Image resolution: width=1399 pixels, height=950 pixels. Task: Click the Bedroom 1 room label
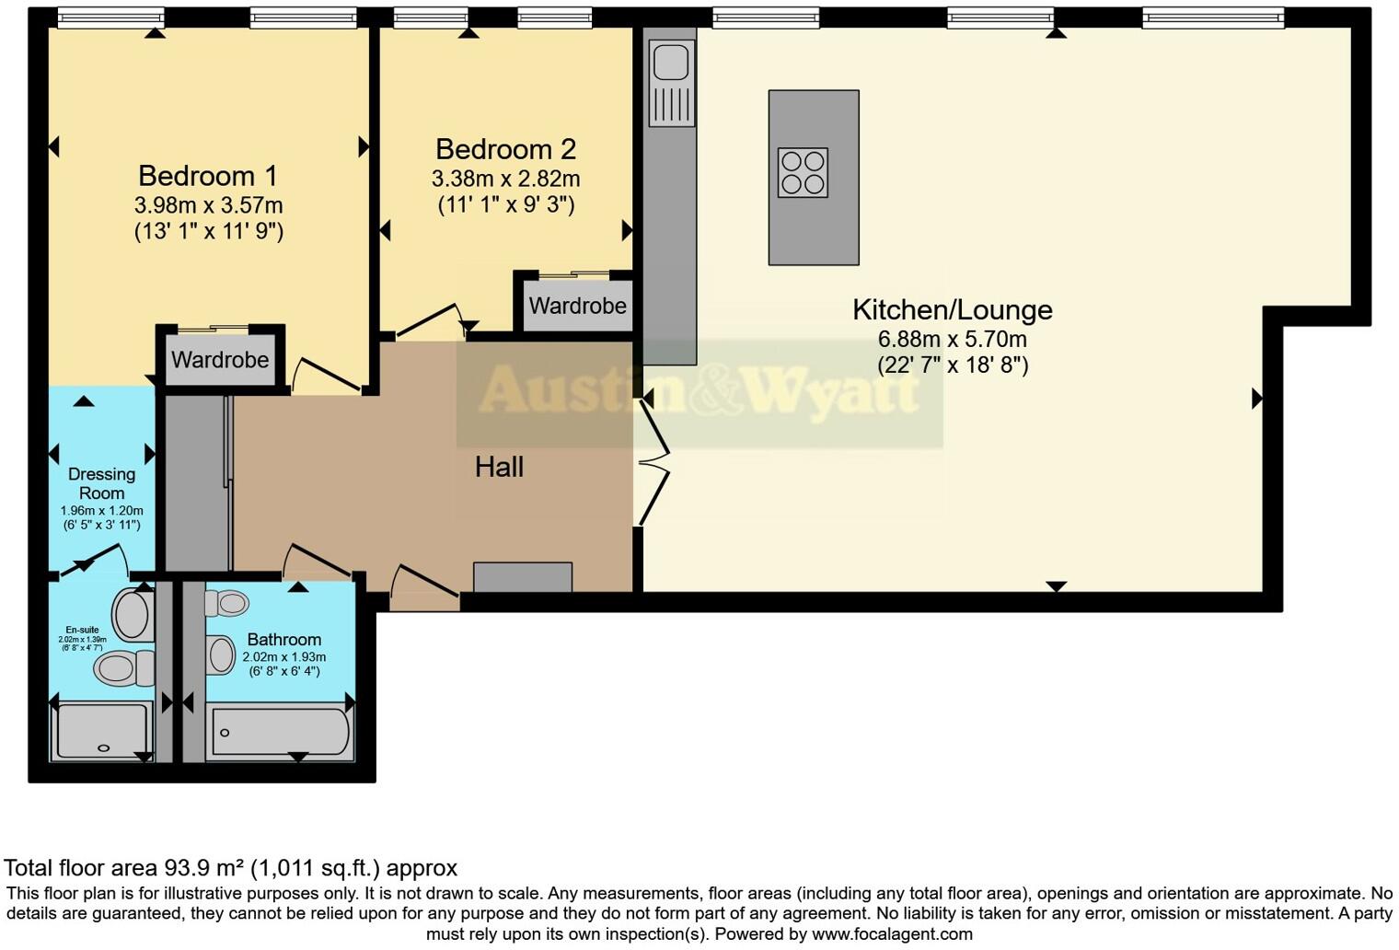tap(208, 176)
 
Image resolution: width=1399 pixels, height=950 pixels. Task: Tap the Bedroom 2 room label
tap(505, 149)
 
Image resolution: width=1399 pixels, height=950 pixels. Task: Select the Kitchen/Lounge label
tap(952, 310)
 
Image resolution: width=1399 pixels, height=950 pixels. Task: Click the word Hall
tap(499, 467)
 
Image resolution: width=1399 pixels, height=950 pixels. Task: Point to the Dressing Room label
tap(101, 483)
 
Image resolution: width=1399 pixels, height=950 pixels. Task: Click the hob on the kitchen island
tap(803, 172)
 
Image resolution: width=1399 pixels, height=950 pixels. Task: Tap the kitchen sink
tap(671, 64)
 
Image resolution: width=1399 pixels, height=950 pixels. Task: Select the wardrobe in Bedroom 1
tap(220, 360)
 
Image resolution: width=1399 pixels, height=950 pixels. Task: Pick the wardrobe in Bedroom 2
tap(577, 306)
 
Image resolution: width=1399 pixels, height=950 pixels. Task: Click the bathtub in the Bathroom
tap(281, 732)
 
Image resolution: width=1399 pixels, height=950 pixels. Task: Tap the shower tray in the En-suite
tap(102, 731)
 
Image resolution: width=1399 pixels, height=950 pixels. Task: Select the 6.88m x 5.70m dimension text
tap(952, 340)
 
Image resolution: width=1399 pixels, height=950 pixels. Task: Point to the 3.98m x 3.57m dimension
tap(208, 205)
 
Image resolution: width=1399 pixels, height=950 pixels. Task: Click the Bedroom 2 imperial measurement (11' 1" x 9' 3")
tap(505, 204)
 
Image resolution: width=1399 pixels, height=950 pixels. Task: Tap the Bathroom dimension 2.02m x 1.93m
tap(283, 657)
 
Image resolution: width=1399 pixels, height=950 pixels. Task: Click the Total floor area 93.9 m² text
tap(230, 868)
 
